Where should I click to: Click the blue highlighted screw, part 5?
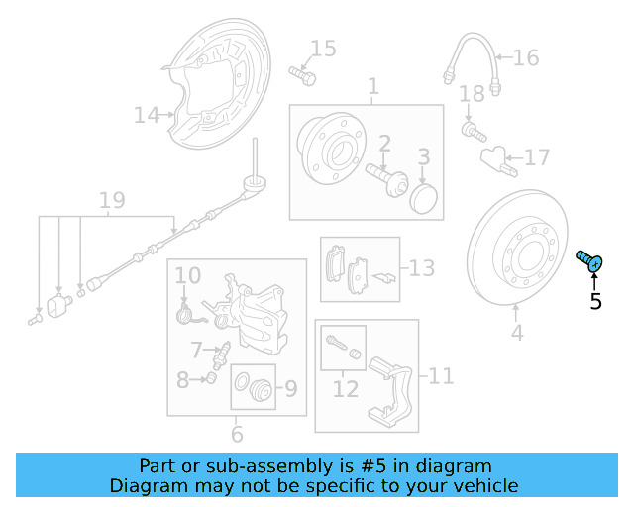tap(590, 262)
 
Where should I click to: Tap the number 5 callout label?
tap(595, 302)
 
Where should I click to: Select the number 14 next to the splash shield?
tap(147, 116)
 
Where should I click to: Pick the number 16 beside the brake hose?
tap(526, 58)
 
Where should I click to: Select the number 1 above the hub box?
tap(373, 88)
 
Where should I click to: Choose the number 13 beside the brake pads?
tap(421, 267)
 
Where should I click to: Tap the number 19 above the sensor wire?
tap(111, 201)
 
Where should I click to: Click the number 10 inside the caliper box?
tap(188, 274)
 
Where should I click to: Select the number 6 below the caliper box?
tap(237, 435)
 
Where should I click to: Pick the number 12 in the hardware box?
tap(345, 389)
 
